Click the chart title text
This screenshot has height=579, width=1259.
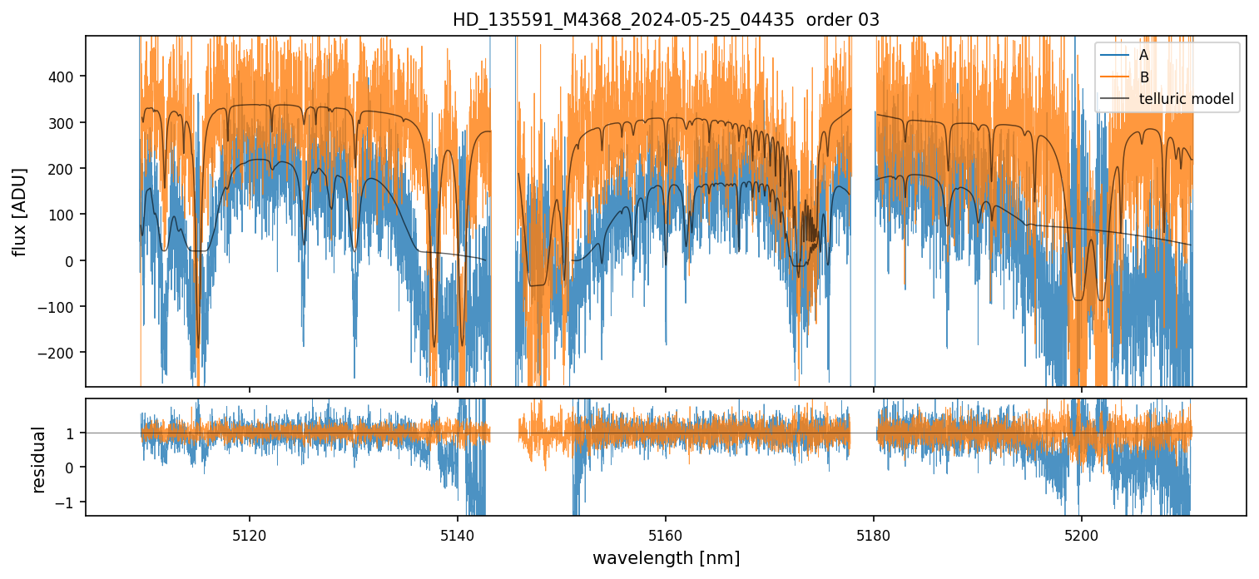[x=666, y=20]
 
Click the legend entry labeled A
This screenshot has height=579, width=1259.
[x=1143, y=56]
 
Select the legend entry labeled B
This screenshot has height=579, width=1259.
[x=1143, y=77]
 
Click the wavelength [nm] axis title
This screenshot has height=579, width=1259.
[x=666, y=558]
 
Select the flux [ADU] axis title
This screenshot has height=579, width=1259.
[x=18, y=211]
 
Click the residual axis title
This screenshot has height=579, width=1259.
[x=38, y=459]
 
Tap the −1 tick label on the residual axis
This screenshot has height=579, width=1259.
[x=67, y=502]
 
